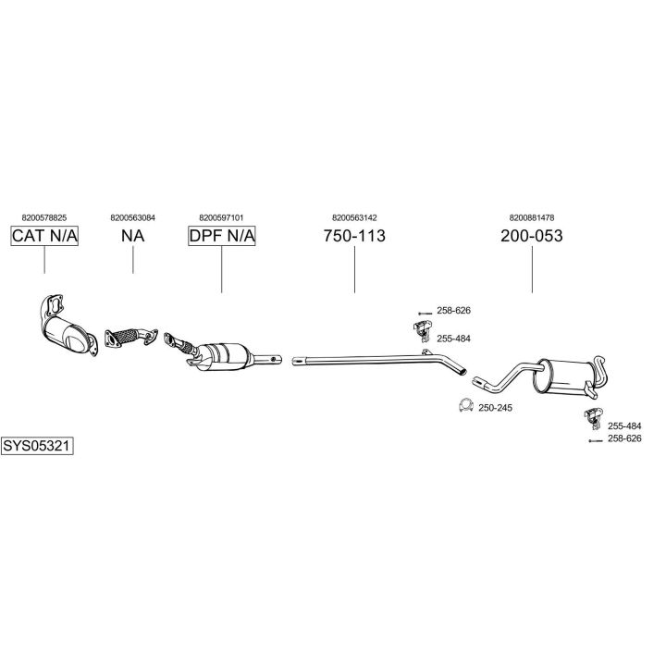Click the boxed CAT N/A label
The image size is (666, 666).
[44, 236]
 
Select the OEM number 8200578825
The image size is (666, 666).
[44, 218]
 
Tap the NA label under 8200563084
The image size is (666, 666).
[133, 236]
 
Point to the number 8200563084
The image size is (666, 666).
[133, 218]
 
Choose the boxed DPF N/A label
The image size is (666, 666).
[222, 236]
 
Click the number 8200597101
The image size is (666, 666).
[221, 218]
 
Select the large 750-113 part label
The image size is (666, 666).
[354, 236]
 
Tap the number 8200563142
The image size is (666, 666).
[354, 218]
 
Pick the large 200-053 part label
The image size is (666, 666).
[532, 236]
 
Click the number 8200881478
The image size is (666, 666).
[532, 218]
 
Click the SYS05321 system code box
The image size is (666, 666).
[37, 446]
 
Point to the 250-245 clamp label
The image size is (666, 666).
[495, 408]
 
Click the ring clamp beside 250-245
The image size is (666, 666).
[466, 405]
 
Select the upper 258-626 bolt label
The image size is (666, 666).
[453, 311]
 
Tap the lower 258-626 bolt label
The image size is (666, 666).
[624, 438]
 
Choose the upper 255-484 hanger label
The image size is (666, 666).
[453, 339]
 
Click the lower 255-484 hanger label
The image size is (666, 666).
[624, 426]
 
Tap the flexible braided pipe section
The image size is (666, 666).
[127, 336]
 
